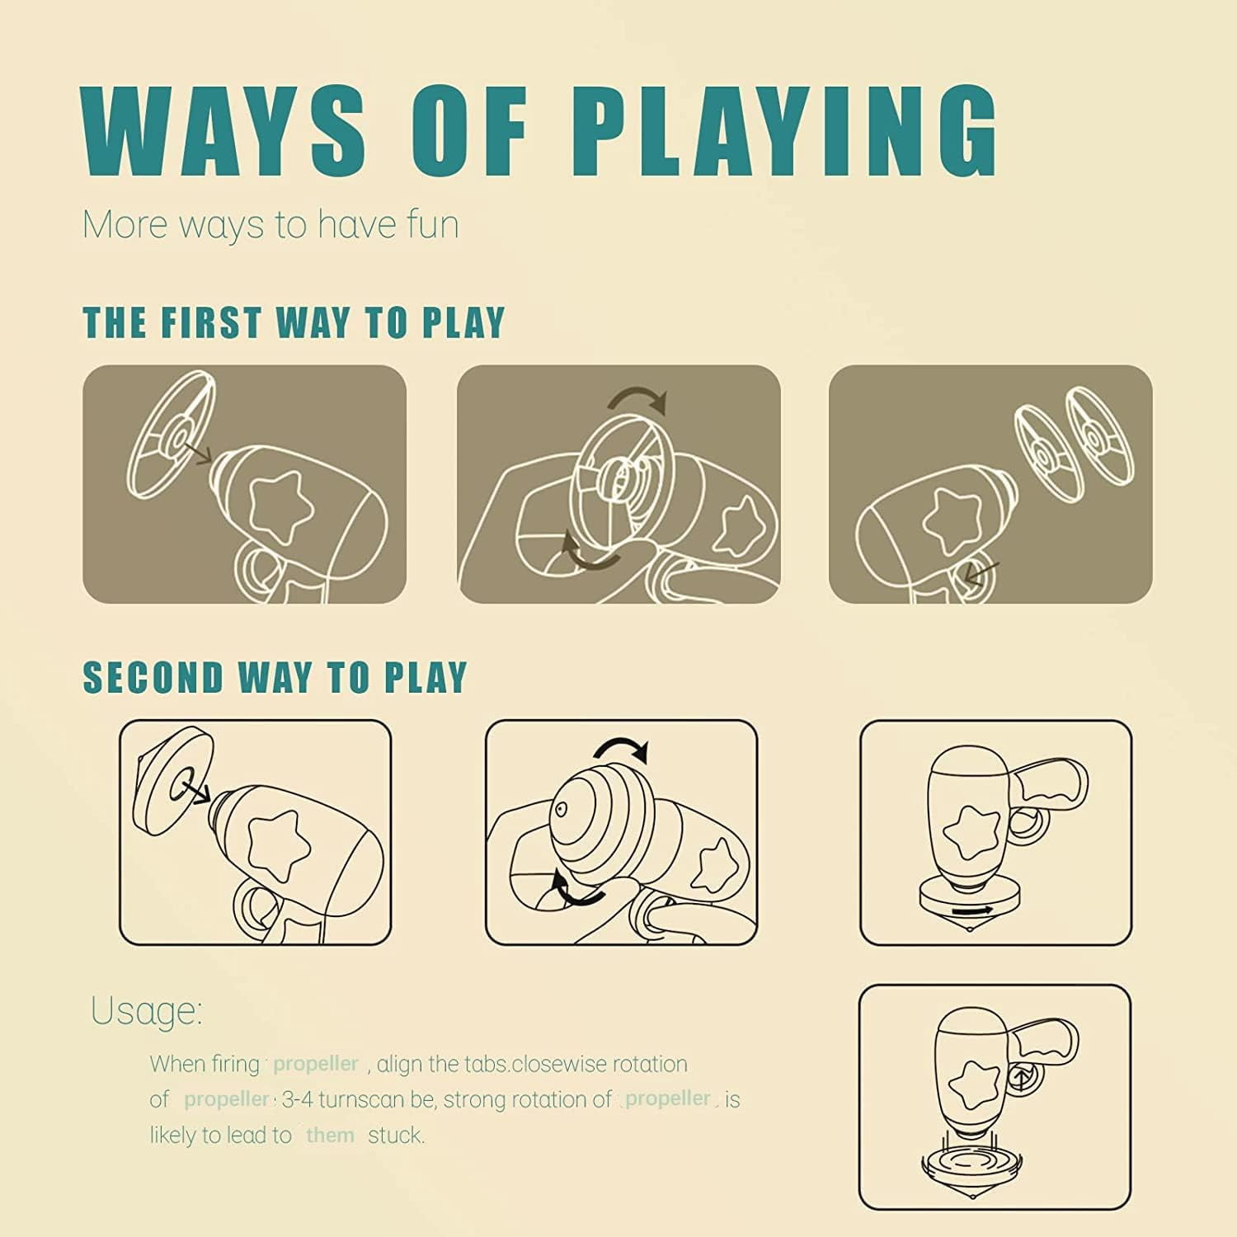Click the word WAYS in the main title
pyautogui.click(x=223, y=129)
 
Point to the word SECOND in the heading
pyautogui.click(x=153, y=678)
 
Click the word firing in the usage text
pyautogui.click(x=234, y=1065)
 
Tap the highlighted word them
pyautogui.click(x=330, y=1136)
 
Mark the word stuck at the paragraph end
pyautogui.click(x=396, y=1136)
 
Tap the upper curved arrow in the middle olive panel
pyautogui.click(x=637, y=401)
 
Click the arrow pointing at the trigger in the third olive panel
pyautogui.click(x=981, y=572)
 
